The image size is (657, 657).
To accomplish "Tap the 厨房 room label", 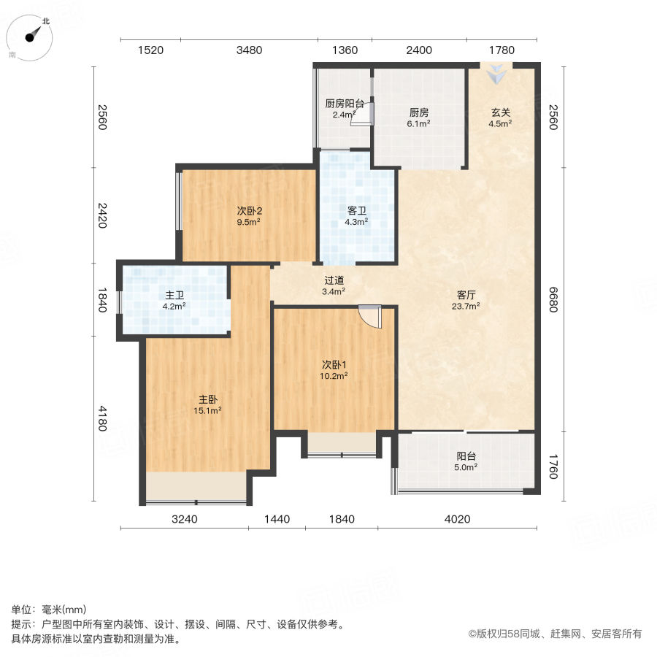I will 418,113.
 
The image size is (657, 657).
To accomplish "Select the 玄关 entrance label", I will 500,113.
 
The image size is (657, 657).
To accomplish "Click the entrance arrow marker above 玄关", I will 496,72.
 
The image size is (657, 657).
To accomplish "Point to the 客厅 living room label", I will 466,295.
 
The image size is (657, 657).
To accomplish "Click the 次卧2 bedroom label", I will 249,211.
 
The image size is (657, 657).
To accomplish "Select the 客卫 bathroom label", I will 357,211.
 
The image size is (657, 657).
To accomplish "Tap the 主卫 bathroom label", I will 174,296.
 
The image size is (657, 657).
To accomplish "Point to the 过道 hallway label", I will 334,280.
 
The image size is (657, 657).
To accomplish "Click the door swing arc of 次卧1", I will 372,317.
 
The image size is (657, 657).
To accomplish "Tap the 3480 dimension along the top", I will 249,50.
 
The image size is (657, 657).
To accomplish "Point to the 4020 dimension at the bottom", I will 458,519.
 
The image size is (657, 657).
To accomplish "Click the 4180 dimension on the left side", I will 102,419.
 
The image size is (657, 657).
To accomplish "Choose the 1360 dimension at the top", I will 345,50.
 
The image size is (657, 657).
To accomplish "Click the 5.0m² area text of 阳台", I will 466,467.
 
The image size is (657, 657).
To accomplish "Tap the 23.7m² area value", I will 466,307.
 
